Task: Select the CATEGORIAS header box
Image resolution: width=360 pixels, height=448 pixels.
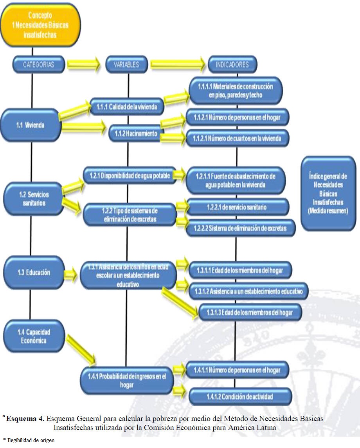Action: coord(38,64)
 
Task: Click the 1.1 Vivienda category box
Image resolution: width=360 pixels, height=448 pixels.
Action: coord(30,125)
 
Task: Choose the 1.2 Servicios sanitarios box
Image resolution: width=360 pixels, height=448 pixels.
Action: coord(33,198)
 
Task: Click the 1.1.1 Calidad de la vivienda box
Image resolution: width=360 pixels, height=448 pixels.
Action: coord(127,106)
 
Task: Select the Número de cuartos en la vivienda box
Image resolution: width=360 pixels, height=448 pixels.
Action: coord(238,138)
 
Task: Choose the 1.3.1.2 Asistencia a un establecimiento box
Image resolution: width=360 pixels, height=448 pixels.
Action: coord(248,291)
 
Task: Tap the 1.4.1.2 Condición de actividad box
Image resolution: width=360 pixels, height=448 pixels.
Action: coord(240,396)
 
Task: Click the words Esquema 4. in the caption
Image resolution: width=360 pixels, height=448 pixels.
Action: coord(25,418)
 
